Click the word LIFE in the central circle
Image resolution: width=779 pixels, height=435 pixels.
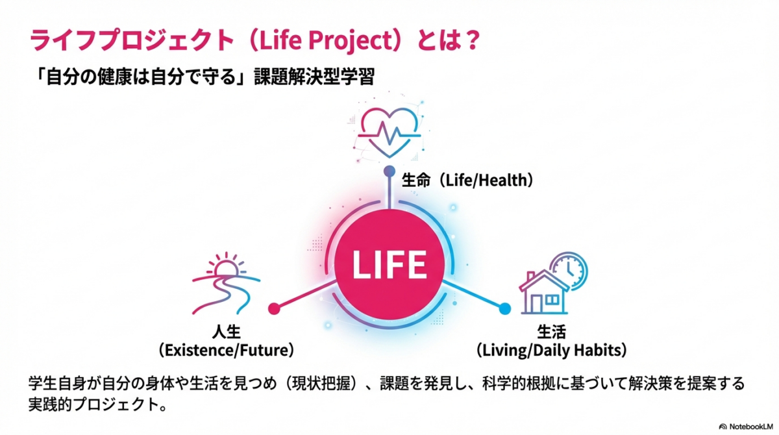[389, 264]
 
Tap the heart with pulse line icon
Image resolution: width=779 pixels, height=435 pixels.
[389, 132]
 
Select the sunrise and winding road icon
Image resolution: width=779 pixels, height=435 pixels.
[226, 283]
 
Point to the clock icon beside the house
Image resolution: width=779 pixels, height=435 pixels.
[569, 270]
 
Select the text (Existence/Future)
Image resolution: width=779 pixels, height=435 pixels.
[226, 350]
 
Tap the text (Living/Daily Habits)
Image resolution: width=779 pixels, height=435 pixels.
[552, 350]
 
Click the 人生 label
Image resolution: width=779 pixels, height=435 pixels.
[227, 331]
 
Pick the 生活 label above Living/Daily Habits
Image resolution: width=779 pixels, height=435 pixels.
[552, 331]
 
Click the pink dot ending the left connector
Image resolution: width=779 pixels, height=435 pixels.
[274, 308]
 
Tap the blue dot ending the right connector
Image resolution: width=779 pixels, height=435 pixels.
[505, 308]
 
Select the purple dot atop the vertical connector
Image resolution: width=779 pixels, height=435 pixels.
[389, 171]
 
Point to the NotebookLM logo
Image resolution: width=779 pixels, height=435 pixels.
[746, 427]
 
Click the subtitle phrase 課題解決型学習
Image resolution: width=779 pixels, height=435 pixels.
[314, 77]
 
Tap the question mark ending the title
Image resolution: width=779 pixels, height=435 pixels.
[473, 40]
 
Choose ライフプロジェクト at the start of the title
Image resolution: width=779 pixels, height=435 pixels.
[131, 40]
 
